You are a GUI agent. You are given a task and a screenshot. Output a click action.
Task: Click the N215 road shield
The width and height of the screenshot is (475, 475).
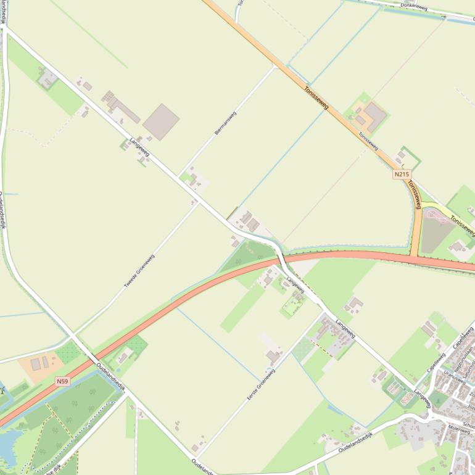tap(401, 175)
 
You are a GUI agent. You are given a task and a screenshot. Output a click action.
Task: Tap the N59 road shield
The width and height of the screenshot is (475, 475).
tap(62, 381)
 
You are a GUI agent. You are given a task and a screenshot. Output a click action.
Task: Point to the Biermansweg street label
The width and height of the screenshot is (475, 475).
tap(225, 123)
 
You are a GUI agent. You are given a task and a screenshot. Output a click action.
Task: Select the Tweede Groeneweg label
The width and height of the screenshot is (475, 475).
tap(139, 271)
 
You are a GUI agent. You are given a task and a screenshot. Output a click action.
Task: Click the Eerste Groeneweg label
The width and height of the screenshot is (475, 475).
tap(260, 384)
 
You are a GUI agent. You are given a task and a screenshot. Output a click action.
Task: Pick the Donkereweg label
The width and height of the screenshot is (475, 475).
tap(414, 6)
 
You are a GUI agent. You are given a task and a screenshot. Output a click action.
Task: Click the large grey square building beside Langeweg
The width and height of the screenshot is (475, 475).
tap(161, 122)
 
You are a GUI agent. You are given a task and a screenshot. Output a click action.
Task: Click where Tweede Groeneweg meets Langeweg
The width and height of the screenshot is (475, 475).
tap(199, 202)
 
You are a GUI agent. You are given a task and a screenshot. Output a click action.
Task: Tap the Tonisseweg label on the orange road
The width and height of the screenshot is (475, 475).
tap(315, 99)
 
